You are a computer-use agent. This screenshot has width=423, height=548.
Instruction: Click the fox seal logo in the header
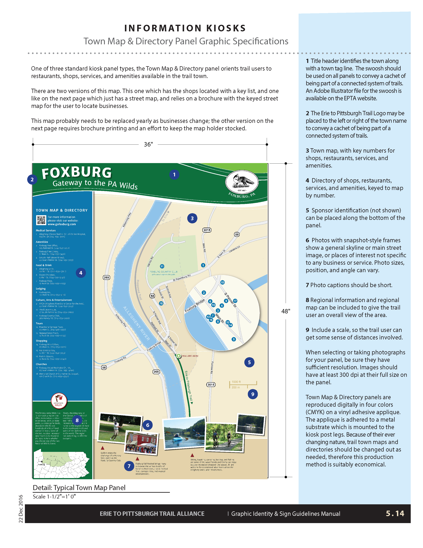click(x=242, y=182)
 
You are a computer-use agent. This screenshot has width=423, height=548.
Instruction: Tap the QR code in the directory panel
click(x=41, y=220)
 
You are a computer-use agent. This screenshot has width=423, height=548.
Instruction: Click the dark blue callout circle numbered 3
click(x=192, y=218)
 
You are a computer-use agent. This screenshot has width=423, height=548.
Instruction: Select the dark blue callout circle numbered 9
click(x=253, y=394)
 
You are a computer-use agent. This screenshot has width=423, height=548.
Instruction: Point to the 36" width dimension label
click(x=148, y=144)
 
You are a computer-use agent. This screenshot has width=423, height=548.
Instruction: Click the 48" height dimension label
click(x=286, y=311)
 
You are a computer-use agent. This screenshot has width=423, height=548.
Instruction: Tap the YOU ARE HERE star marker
click(x=178, y=356)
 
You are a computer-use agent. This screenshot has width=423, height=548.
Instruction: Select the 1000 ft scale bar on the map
click(x=243, y=384)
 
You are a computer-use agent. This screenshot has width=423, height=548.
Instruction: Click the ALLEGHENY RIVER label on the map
click(x=137, y=323)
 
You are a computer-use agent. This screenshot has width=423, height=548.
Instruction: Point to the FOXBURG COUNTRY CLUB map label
click(x=164, y=272)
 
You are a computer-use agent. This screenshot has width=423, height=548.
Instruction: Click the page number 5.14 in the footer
click(x=395, y=513)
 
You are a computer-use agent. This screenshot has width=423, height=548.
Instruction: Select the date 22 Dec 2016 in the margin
click(x=21, y=509)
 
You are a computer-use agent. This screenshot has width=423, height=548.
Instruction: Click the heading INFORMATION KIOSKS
click(x=185, y=28)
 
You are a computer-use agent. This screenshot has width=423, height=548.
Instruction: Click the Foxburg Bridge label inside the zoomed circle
click(x=195, y=306)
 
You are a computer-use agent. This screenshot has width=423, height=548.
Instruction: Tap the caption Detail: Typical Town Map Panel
click(x=79, y=488)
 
